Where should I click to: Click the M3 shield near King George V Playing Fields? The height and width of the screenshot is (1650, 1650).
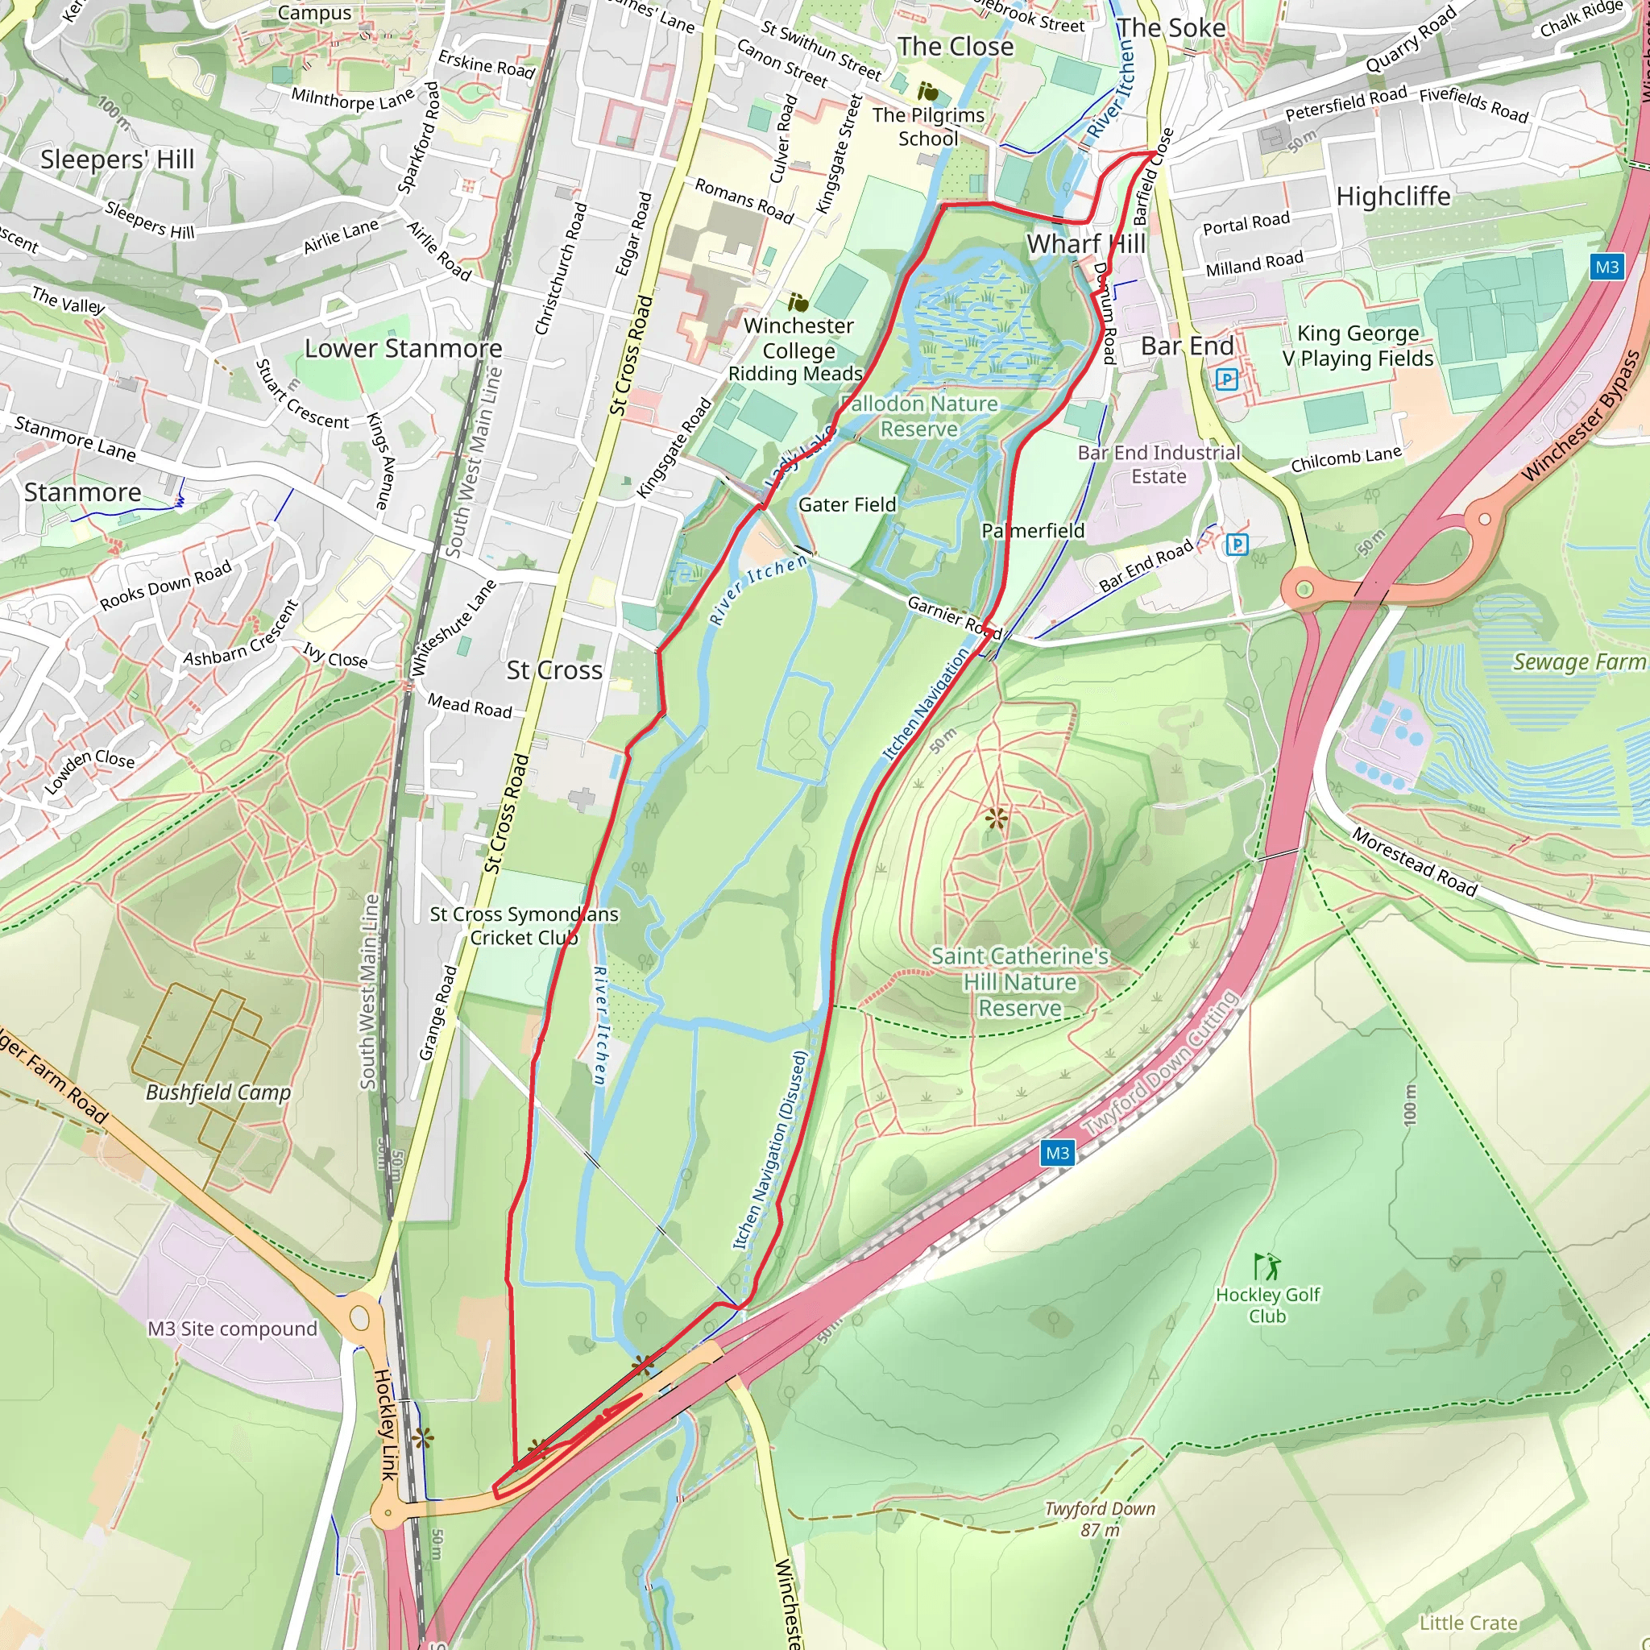(x=1606, y=267)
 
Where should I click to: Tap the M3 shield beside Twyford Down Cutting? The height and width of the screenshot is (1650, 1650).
(x=1057, y=1153)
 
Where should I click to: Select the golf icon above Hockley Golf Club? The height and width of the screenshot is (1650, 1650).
(x=1267, y=1266)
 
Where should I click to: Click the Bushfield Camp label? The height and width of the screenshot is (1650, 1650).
(x=218, y=1092)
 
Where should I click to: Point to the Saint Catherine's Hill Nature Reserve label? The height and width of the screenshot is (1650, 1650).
(x=1020, y=982)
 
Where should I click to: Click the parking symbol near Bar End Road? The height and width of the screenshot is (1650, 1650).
(x=1237, y=544)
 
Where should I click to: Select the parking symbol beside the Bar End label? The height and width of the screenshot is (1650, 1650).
(x=1226, y=379)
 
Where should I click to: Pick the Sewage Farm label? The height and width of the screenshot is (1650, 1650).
(x=1578, y=662)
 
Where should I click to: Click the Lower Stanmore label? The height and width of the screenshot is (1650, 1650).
(x=403, y=348)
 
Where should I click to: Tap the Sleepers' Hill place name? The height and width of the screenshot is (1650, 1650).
(x=118, y=160)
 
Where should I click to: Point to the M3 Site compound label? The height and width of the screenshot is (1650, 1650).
(x=232, y=1329)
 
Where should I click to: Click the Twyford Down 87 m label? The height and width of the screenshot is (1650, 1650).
(x=1099, y=1519)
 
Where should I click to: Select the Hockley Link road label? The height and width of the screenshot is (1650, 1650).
(x=385, y=1424)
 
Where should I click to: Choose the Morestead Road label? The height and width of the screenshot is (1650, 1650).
(x=1414, y=862)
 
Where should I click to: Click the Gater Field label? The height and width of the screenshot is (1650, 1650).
(x=848, y=504)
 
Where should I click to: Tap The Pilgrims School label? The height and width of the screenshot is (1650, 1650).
(x=928, y=126)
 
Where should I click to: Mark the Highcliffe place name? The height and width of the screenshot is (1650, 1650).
(x=1393, y=197)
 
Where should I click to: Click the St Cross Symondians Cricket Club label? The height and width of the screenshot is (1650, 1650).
(x=524, y=926)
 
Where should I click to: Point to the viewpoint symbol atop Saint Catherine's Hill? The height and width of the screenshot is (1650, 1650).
(x=996, y=819)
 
